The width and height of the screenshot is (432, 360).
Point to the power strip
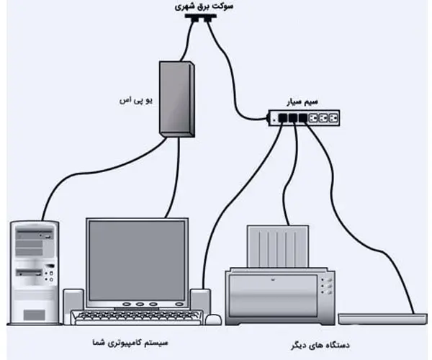[302, 117]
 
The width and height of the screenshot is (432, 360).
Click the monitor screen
[137, 259]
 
